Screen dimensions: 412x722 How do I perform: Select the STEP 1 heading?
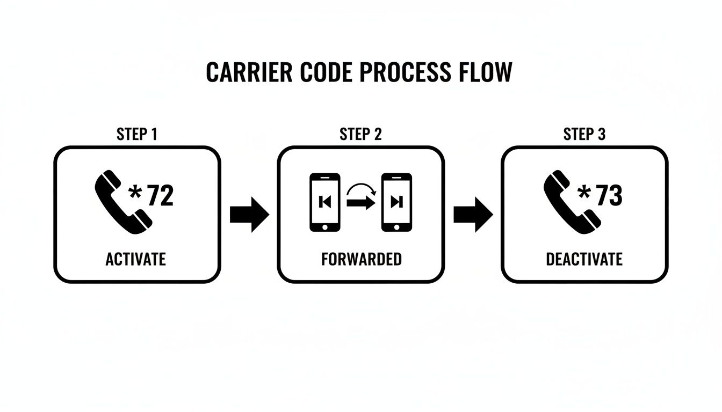(137, 134)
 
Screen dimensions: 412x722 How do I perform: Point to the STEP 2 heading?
(360, 134)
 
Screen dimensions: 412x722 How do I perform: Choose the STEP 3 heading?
(584, 134)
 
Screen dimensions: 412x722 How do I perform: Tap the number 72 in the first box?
(160, 196)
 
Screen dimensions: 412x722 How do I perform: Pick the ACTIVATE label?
(135, 259)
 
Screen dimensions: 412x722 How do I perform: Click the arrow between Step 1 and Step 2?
(249, 214)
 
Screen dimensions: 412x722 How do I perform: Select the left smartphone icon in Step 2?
(325, 202)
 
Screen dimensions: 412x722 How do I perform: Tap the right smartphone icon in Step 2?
(396, 202)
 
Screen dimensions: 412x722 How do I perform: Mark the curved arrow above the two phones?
(360, 189)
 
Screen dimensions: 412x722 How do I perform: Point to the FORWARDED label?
(361, 259)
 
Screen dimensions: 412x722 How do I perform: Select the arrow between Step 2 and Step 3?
(473, 214)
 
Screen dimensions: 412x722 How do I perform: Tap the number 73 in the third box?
(609, 196)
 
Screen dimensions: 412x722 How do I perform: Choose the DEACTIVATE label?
(584, 259)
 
